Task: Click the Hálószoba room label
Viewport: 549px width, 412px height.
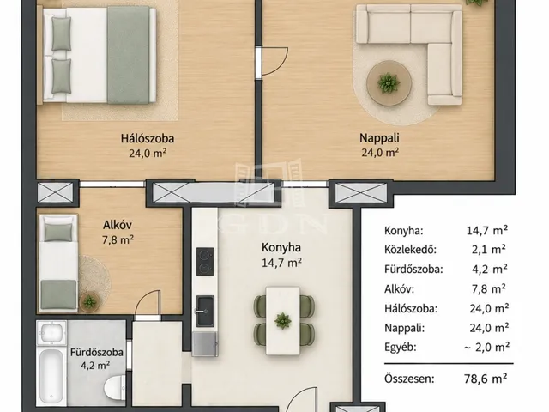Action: pos(148,138)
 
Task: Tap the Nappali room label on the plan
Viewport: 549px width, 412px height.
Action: pos(379,137)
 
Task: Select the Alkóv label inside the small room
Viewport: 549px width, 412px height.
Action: pos(118,225)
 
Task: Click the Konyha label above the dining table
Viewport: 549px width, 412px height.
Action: pos(281,247)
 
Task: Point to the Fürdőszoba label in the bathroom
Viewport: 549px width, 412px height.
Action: pos(97,352)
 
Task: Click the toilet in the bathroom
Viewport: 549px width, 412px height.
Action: pos(114,386)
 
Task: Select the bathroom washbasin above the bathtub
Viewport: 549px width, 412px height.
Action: pos(51,332)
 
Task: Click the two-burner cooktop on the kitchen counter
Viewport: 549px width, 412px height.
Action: pos(205,261)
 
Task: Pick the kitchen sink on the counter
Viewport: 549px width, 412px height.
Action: pos(205,311)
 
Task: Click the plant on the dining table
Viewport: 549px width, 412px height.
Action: pos(282,320)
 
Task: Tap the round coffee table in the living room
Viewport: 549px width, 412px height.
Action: pos(389,83)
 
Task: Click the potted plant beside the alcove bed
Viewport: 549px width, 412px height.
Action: pos(89,302)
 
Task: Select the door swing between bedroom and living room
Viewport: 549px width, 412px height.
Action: pos(274,62)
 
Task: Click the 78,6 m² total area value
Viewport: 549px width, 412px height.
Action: pos(486,379)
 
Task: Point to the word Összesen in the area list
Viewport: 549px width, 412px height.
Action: pos(409,379)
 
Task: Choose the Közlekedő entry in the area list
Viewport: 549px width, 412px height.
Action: pos(410,250)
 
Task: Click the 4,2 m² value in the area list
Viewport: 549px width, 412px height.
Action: pos(490,269)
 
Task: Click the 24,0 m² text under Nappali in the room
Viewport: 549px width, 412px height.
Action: pos(381,153)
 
